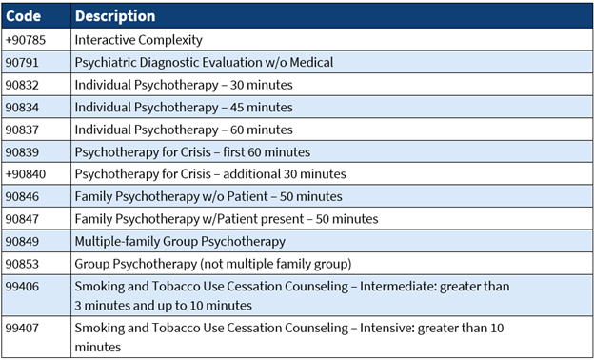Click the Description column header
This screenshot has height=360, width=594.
point(115,16)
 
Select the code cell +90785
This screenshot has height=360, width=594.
point(26,40)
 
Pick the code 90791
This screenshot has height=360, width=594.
point(22,63)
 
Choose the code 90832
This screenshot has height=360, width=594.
point(22,85)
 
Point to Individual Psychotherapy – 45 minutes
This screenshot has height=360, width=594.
point(184,108)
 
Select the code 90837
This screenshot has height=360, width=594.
point(22,130)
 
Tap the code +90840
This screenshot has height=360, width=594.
point(26,174)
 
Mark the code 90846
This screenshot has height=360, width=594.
point(22,196)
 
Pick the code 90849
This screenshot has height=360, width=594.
point(22,241)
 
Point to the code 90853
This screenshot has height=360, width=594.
point(22,263)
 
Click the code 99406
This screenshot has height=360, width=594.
point(22,286)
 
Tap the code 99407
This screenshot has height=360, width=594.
point(22,329)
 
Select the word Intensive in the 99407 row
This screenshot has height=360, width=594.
point(402,329)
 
